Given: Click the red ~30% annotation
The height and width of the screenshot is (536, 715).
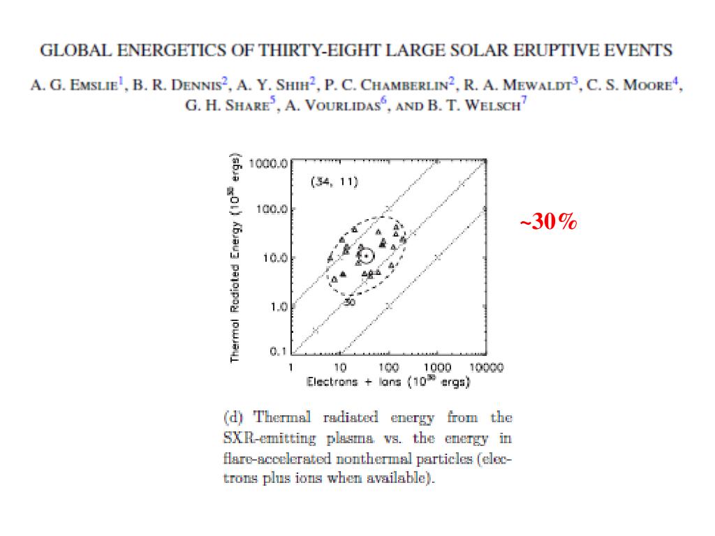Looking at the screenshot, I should coord(548,223).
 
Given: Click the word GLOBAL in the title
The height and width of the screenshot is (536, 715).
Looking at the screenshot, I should coord(73,50).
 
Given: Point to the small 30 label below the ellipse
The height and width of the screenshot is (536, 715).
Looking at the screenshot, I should coord(349,303).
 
